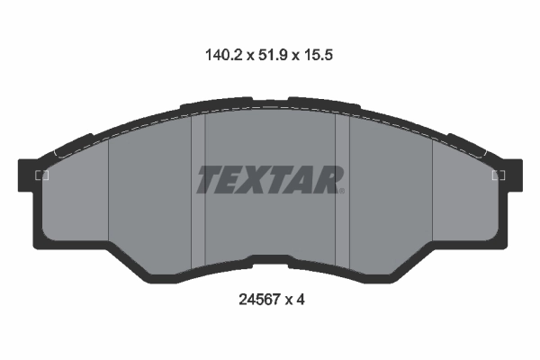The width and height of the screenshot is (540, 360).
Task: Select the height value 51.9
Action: tap(270, 55)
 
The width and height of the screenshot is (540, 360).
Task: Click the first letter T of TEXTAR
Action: tap(208, 180)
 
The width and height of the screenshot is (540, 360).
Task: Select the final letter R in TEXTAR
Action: tap(328, 180)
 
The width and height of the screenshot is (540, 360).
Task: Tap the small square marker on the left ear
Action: tap(40, 175)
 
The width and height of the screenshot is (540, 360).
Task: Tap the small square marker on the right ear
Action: tap(499, 175)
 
